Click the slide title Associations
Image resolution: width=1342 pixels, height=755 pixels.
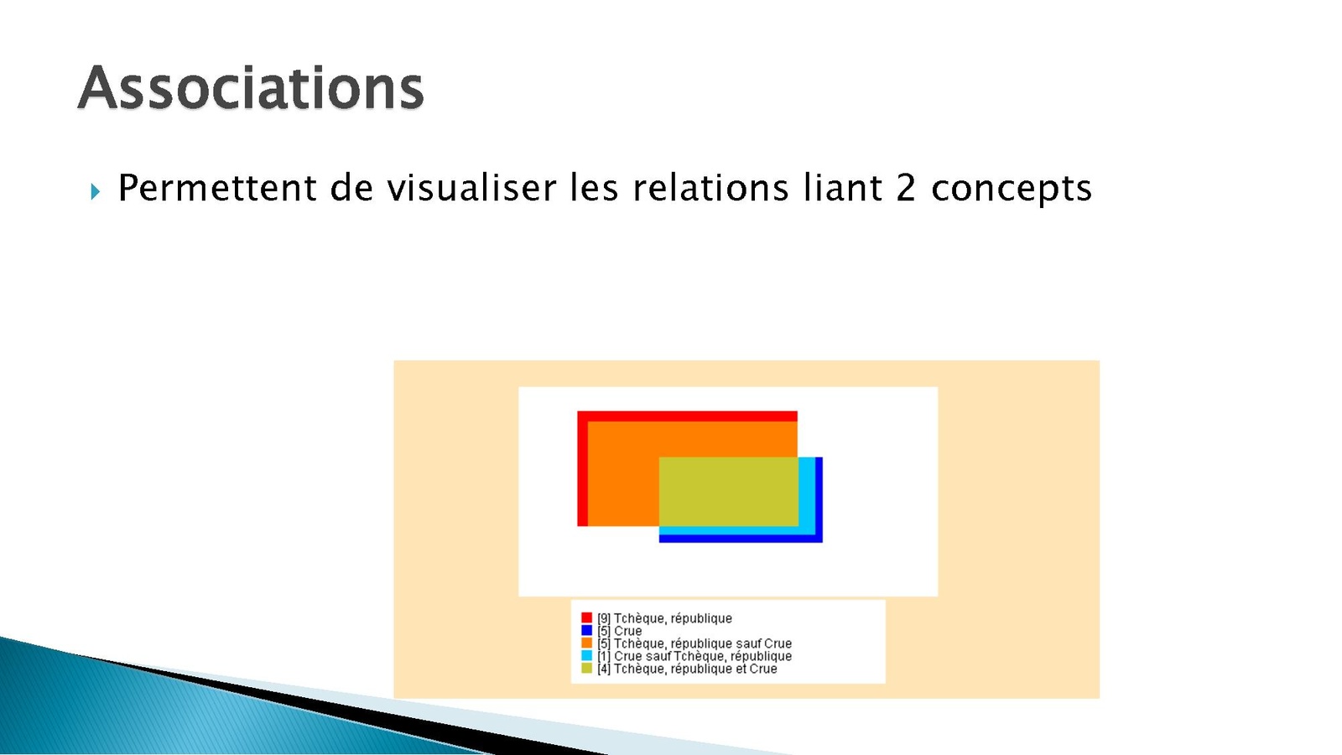(x=251, y=88)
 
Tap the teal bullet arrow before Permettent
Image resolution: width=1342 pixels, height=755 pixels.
(x=96, y=192)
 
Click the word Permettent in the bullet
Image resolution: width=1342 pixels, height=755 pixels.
(x=216, y=188)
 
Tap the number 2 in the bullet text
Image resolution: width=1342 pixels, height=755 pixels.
(x=906, y=188)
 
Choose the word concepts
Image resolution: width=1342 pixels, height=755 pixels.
(x=1012, y=190)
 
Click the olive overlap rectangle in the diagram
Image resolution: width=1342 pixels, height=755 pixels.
(x=729, y=492)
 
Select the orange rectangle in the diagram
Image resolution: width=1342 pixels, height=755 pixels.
(x=623, y=473)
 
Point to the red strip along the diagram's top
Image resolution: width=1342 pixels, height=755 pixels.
(x=687, y=416)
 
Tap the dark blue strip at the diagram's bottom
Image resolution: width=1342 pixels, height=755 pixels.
(x=741, y=539)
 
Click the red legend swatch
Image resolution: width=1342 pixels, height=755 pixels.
(x=586, y=617)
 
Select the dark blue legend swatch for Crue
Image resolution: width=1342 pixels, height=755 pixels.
(x=586, y=630)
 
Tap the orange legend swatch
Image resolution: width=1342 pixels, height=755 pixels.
(x=586, y=643)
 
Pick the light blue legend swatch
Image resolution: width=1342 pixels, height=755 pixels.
(x=586, y=655)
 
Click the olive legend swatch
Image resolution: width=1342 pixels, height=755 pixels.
(x=586, y=668)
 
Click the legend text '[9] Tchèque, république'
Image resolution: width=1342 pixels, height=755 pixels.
(x=664, y=618)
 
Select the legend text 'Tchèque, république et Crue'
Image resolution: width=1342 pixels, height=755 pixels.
(x=695, y=669)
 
